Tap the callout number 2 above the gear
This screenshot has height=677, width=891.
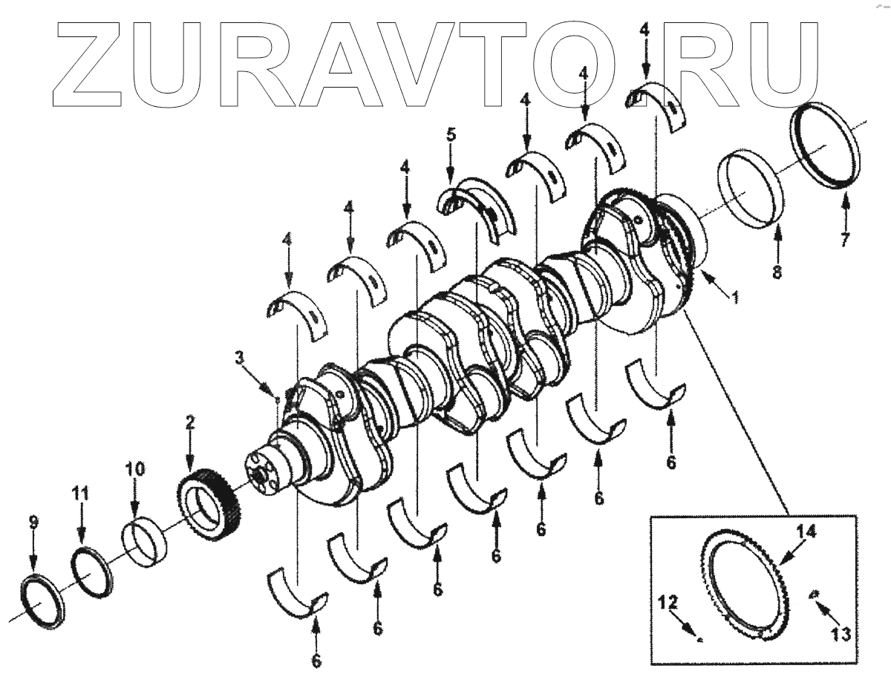(x=190, y=424)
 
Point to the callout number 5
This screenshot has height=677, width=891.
(x=450, y=136)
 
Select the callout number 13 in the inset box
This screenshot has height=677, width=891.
(x=841, y=635)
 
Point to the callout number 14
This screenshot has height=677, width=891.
(x=807, y=532)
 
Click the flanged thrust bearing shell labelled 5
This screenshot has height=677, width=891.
(x=478, y=207)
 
